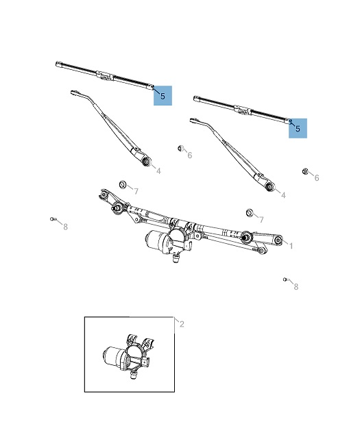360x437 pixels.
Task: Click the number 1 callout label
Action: (x=291, y=246)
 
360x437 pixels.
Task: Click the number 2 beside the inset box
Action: (x=182, y=324)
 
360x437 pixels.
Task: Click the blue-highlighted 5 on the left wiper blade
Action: (x=163, y=96)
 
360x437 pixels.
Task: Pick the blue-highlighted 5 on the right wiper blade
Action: (x=298, y=128)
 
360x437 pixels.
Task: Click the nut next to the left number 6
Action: (x=181, y=148)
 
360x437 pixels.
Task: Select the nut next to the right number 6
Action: (x=305, y=171)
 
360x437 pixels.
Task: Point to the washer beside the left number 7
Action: (x=123, y=184)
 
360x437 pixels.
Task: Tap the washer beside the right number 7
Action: (x=250, y=212)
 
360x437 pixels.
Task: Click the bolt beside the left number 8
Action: (x=53, y=219)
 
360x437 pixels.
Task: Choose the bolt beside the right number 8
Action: (x=285, y=279)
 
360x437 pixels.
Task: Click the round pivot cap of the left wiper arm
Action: (x=146, y=162)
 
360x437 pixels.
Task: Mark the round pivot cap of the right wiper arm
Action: (x=269, y=187)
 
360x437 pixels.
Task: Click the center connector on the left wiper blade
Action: (x=105, y=76)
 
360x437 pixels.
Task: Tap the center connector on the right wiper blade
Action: (x=243, y=110)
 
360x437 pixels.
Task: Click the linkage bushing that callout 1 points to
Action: (x=278, y=240)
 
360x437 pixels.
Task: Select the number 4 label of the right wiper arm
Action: (x=283, y=195)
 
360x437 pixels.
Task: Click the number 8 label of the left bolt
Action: (x=66, y=227)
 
